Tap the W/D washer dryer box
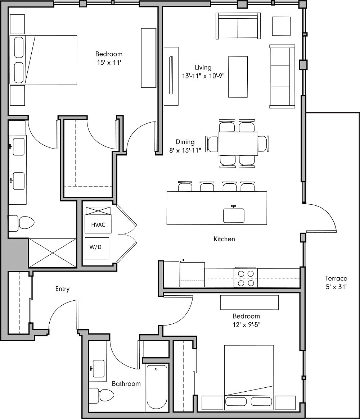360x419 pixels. click(97, 248)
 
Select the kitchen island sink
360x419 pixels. click(234, 215)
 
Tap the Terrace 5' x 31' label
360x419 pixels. click(336, 283)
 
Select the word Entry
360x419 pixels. click(62, 289)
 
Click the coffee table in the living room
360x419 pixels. click(238, 77)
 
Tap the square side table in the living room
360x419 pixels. click(281, 26)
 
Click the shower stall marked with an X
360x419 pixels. click(52, 252)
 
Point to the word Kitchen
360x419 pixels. click(224, 239)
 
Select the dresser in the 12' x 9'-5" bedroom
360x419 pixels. click(249, 302)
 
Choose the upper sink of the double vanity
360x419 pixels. click(19, 149)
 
